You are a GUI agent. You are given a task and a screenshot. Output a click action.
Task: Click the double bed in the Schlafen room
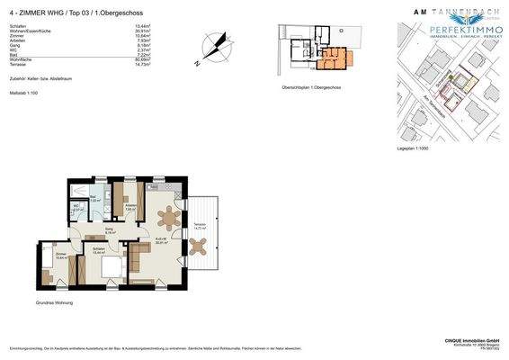(x=111, y=266)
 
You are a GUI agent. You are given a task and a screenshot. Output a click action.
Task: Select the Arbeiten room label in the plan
(x=131, y=208)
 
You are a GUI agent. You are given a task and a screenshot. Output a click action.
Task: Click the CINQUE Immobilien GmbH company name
(x=468, y=340)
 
